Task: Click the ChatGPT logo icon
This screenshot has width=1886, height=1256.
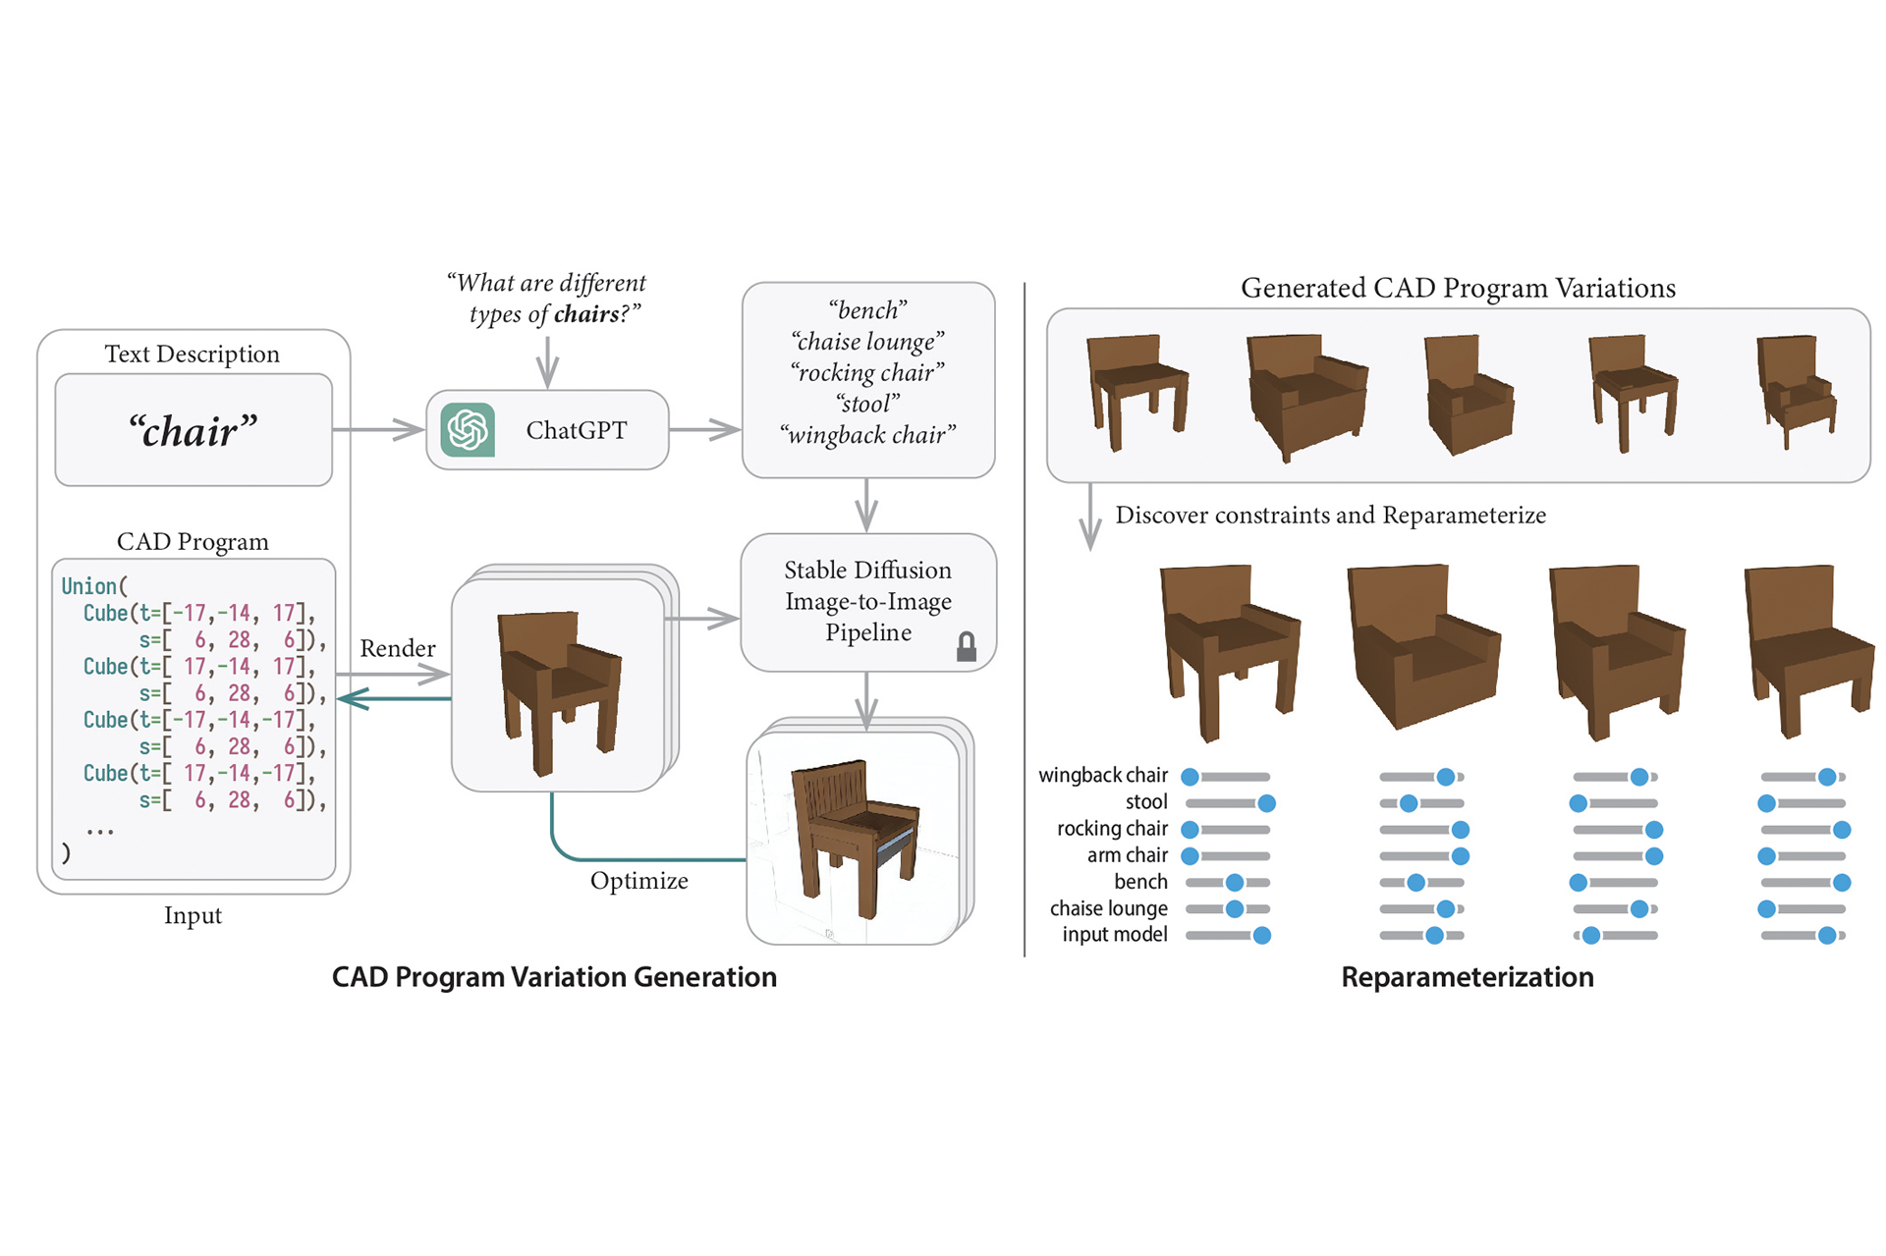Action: [x=468, y=430]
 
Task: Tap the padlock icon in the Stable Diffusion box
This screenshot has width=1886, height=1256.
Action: [x=967, y=646]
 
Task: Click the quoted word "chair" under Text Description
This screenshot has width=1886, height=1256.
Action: [x=193, y=431]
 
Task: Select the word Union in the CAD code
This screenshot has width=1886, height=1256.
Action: [x=88, y=586]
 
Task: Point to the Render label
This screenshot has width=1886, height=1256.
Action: [x=397, y=648]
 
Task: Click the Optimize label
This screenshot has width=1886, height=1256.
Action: [x=638, y=881]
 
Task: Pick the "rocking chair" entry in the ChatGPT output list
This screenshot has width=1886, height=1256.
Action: [x=867, y=373]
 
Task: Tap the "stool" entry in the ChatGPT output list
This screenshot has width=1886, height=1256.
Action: [x=867, y=404]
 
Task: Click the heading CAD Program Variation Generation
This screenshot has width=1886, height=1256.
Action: [x=554, y=977]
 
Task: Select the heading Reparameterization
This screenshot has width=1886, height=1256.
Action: [x=1468, y=977]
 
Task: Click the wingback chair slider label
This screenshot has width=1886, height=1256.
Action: [x=1102, y=776]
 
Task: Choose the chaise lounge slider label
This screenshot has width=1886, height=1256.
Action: [x=1108, y=908]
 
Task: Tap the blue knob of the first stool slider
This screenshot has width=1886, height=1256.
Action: [x=1267, y=803]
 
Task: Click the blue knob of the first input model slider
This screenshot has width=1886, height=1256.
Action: [x=1262, y=936]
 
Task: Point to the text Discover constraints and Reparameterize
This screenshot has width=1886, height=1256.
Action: [x=1330, y=516]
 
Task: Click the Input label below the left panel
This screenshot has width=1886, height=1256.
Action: [x=193, y=916]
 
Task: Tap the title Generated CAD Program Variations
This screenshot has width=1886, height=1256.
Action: [x=1458, y=289]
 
